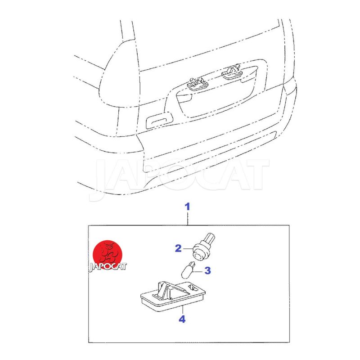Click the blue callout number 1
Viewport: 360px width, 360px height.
(188, 207)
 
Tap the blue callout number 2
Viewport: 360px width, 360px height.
(178, 248)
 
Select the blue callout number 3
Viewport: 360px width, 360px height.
(207, 270)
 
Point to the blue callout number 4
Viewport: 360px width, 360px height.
(182, 319)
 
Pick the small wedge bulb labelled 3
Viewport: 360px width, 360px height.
(188, 270)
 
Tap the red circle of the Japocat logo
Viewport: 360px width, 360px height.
(107, 255)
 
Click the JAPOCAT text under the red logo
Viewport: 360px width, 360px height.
(108, 267)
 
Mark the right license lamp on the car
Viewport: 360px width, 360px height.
(232, 72)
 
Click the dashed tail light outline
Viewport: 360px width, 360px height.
(119, 73)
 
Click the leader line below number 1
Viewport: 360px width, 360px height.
(188, 219)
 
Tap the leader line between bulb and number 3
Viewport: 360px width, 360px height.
(199, 271)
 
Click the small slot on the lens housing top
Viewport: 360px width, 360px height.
(193, 288)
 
